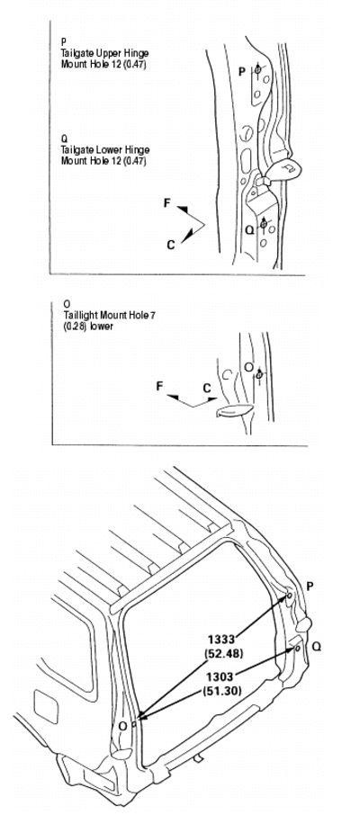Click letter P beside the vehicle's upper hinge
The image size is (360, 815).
tap(310, 587)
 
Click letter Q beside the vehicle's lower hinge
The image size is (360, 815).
tap(316, 647)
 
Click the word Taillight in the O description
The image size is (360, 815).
tap(78, 315)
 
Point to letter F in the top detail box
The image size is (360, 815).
tap(167, 202)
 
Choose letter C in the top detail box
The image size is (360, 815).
tap(171, 245)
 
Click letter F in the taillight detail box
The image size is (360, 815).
tap(159, 386)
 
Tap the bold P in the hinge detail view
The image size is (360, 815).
tap(242, 72)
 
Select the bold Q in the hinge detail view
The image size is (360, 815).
tap(250, 228)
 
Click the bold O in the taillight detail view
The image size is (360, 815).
tap(248, 368)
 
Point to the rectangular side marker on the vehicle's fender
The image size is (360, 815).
tap(46, 706)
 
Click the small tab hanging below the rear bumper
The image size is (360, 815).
tap(198, 759)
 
